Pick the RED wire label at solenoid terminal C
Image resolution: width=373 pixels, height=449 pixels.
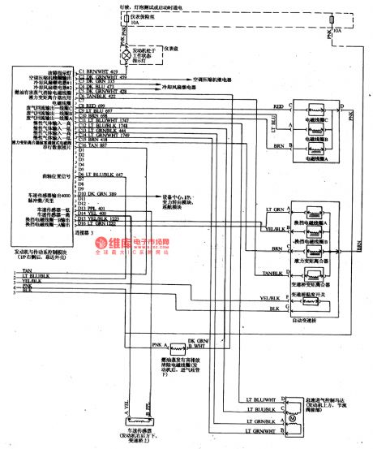point(279,106)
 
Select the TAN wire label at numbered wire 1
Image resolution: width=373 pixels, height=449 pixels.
point(28,269)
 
